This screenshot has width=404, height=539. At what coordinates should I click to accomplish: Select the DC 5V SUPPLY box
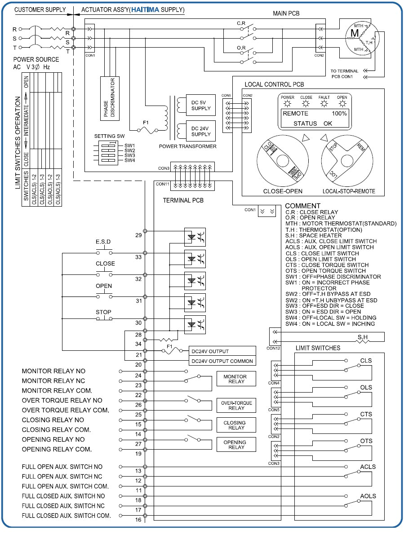pos(200,105)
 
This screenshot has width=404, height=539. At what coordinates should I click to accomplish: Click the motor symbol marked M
pos(355,33)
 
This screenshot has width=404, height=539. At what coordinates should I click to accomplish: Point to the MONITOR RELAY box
pos(236,379)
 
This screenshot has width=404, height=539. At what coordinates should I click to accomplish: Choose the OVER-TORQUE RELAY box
pos(236,406)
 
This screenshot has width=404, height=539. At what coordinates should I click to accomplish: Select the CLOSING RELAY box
pos(236,425)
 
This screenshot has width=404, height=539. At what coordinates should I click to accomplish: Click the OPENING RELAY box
pos(236,444)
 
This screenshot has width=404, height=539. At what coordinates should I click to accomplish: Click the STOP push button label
pos(103,312)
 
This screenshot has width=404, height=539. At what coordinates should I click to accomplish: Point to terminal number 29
pos(138,235)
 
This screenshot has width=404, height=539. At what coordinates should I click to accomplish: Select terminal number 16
pos(138,520)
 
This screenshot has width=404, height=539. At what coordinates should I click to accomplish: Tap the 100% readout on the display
pos(339,114)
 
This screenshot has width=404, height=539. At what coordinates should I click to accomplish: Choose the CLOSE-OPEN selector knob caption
pos(282,191)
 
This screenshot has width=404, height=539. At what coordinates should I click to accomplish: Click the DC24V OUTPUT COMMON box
pos(222,361)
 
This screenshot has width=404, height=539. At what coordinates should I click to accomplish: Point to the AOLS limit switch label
pos(368,496)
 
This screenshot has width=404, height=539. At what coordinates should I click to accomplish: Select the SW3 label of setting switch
pos(130,155)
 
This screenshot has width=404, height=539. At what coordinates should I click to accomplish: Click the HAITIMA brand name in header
pos(143,9)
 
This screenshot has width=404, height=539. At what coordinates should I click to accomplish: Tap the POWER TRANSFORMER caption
pos(187,146)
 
